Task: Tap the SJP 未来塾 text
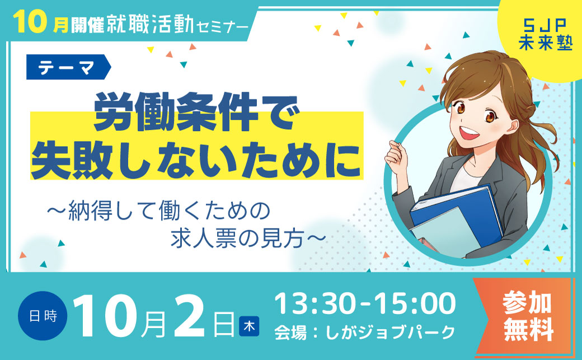point(545,35)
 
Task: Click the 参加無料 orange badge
point(527,316)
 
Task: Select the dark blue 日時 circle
point(43,316)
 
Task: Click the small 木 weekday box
point(249,326)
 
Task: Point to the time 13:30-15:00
point(365,303)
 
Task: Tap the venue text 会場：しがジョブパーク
point(365,332)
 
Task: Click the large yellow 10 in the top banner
point(30,22)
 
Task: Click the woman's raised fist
point(396,154)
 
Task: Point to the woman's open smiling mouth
point(468,133)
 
